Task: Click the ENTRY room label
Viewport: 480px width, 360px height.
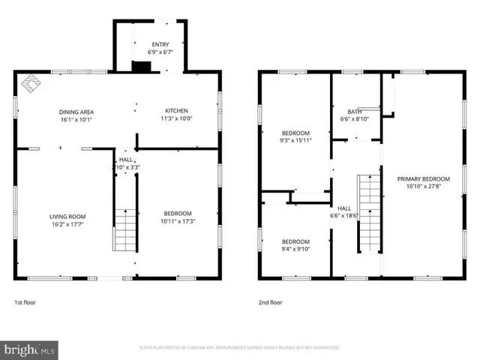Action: tap(160, 43)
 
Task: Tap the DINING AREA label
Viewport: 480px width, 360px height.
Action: tap(76, 111)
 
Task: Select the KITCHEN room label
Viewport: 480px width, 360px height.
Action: tap(176, 110)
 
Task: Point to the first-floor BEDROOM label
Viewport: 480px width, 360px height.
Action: tap(178, 213)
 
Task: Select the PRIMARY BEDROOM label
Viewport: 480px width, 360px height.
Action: tap(424, 178)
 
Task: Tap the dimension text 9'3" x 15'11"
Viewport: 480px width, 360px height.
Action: tap(295, 140)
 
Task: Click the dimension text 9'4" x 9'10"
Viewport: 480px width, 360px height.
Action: tap(295, 250)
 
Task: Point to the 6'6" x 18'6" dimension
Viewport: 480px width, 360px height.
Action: tap(344, 215)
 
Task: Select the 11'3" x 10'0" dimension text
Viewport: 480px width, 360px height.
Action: tap(176, 118)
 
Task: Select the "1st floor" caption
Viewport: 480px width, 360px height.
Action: tap(25, 302)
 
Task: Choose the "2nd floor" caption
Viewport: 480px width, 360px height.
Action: tap(270, 302)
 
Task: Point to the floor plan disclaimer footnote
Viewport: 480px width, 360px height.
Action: tap(239, 348)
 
